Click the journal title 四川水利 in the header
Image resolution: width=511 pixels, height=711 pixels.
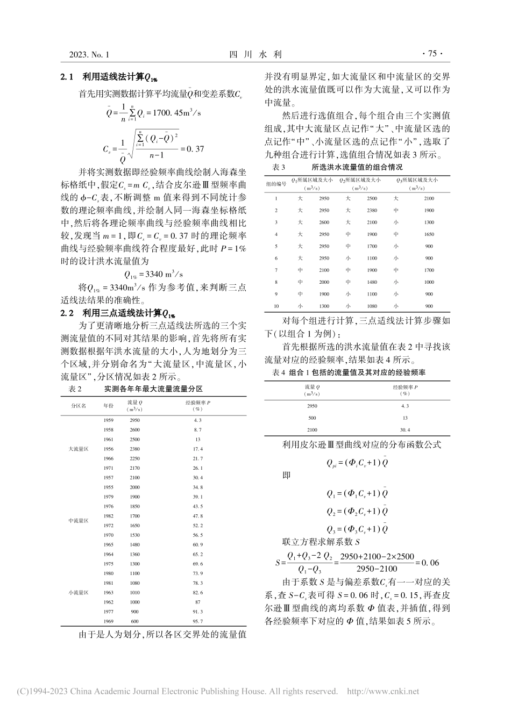tap(256, 54)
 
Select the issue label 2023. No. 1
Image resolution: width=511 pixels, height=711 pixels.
tap(89, 54)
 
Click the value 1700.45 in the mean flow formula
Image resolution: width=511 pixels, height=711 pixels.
tap(167, 113)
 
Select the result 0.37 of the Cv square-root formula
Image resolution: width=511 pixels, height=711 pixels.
tap(194, 148)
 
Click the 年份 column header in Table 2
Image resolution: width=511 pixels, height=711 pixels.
tap(109, 405)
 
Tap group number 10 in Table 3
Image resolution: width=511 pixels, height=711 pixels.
tap(276, 306)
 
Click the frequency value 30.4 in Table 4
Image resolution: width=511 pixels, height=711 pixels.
tap(404, 429)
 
